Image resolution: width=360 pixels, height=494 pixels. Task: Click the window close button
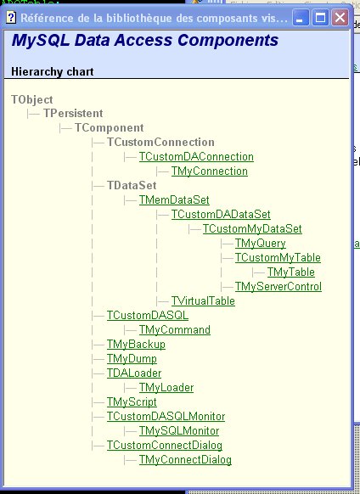(340, 17)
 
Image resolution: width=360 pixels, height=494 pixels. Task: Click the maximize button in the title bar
(320, 17)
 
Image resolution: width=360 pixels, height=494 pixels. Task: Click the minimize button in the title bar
(301, 17)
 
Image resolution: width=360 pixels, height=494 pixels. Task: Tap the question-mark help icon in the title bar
(11, 17)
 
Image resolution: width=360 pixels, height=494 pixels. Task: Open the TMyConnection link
(210, 171)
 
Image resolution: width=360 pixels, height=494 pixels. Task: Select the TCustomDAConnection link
(196, 156)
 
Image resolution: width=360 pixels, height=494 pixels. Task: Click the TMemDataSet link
(174, 200)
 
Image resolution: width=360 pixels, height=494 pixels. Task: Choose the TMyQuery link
(261, 244)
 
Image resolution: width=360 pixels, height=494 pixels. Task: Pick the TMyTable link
(291, 272)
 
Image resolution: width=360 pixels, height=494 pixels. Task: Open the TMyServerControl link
(278, 287)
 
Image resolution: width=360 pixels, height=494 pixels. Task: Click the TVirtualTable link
(203, 301)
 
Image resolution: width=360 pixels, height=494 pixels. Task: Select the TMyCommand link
(175, 330)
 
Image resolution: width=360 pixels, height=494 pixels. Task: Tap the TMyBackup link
(136, 345)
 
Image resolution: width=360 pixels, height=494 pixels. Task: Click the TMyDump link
(132, 359)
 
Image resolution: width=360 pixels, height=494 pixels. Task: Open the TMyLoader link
(166, 388)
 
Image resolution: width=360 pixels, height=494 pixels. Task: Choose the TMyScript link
(132, 402)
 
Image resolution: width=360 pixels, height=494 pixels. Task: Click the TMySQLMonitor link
(179, 431)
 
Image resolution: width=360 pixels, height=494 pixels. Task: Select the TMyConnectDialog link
(185, 460)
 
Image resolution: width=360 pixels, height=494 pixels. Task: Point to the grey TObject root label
(32, 100)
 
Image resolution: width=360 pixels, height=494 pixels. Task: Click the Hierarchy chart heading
(53, 72)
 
